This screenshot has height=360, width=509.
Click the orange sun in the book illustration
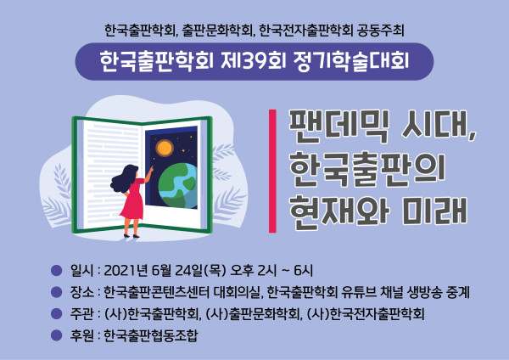click(165, 148)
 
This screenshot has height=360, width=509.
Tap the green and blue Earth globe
click(178, 186)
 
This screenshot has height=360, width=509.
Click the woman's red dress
click(133, 199)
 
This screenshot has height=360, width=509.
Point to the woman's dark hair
click(124, 178)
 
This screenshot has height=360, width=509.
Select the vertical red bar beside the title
click(272, 172)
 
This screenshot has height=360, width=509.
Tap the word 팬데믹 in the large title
click(338, 127)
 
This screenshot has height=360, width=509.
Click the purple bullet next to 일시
click(57, 270)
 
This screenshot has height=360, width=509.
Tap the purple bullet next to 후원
click(57, 335)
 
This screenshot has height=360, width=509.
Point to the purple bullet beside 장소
click(57, 292)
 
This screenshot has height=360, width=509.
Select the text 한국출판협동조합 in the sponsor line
click(151, 335)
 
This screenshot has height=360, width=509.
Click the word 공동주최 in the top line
click(380, 31)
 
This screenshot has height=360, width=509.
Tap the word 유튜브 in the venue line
click(358, 292)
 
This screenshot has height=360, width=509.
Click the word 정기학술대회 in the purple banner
click(350, 61)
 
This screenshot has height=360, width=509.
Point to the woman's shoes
click(131, 235)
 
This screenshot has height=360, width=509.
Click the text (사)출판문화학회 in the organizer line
click(253, 314)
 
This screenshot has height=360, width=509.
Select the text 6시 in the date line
click(304, 270)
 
